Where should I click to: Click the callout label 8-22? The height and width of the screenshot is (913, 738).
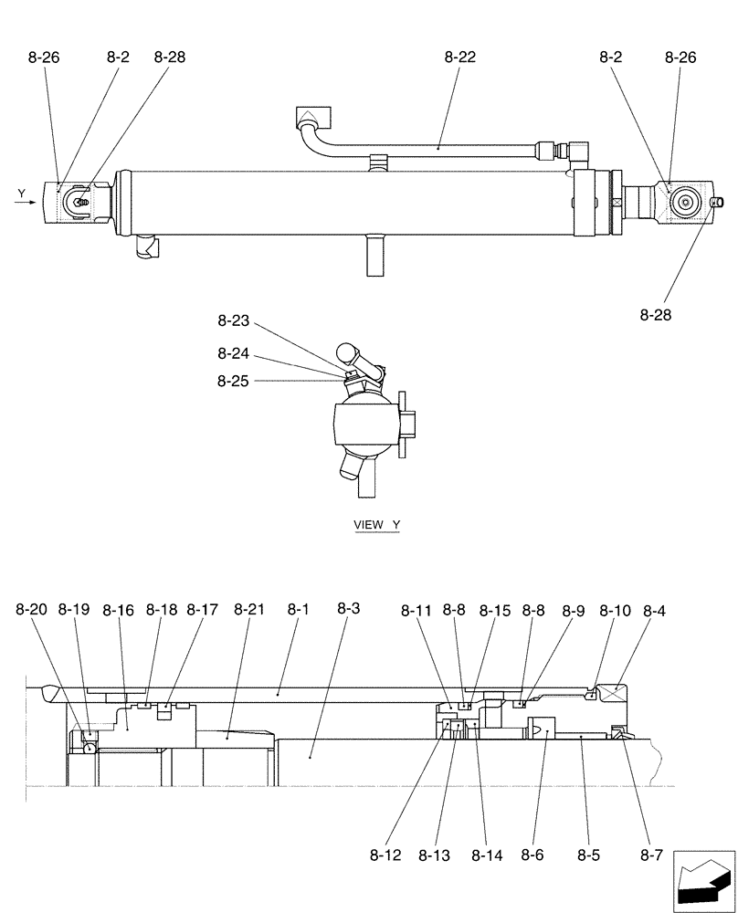460,58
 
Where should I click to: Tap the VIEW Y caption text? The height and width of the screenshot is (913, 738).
376,525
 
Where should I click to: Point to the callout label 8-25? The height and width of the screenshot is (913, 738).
233,382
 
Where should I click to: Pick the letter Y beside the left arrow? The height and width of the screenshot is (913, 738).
21,193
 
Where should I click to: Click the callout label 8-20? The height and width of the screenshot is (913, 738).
30,610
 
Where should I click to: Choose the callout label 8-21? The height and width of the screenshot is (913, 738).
248,610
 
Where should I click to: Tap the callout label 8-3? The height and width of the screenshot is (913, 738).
348,609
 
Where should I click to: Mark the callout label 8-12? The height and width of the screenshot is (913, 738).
385,855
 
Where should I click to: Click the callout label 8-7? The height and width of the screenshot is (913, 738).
651,855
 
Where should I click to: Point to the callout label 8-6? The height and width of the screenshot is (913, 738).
532,855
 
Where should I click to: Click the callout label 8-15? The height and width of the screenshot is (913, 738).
495,610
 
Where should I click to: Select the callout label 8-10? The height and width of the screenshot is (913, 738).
614,610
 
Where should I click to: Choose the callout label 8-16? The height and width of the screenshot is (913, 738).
118,610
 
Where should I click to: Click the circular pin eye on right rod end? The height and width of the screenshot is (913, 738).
683,202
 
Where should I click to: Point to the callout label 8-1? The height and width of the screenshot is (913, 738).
298,609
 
